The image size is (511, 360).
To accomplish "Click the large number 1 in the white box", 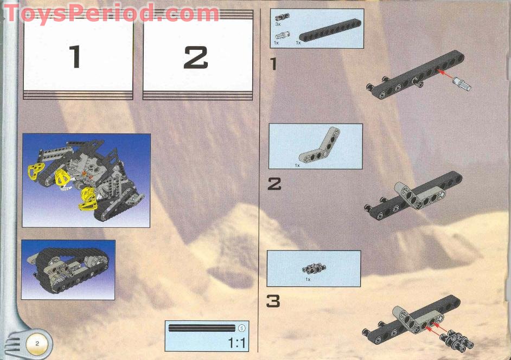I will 75,56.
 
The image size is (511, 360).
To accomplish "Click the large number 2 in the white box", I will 196,56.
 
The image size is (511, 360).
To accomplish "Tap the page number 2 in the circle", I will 37,343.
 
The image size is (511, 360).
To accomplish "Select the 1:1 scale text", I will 237,343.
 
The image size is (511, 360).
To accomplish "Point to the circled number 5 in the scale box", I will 241,327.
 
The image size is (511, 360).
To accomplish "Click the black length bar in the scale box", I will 202,328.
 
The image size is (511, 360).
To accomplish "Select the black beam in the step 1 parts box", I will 329,35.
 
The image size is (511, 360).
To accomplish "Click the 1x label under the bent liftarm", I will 297,164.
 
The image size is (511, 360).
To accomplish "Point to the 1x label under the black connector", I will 308,279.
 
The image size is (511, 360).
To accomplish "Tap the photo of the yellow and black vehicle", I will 86,180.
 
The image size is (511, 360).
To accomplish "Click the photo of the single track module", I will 68,269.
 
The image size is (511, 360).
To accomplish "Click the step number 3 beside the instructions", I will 273,301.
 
